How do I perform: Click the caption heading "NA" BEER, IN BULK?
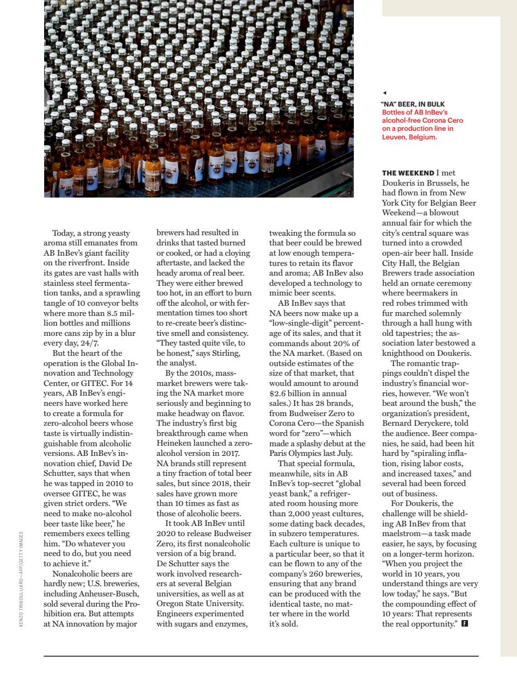413,104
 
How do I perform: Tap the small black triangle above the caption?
384,93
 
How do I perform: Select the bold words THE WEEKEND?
408,173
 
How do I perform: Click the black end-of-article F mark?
465,624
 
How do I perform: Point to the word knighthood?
404,353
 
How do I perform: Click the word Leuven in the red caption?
395,137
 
